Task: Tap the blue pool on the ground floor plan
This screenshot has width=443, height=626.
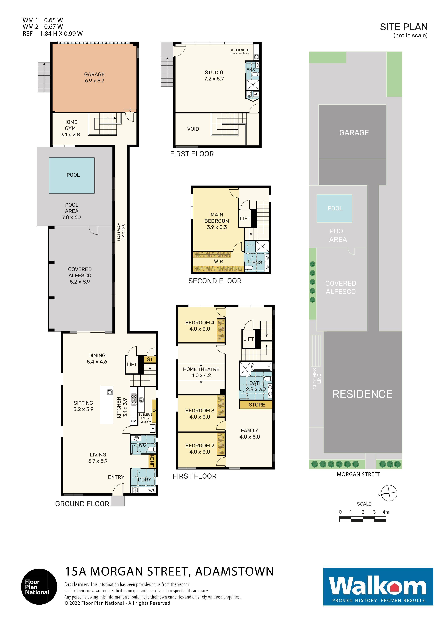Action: point(72,175)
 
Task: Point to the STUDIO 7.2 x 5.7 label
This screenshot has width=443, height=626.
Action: point(214,75)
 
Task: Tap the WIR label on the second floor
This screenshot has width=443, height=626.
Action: point(218,261)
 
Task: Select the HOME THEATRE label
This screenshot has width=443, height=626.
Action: point(201,369)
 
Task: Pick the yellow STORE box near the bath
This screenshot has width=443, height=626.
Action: point(256,405)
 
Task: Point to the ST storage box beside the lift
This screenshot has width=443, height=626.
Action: point(150,359)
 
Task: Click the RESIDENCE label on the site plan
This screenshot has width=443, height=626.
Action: point(362,394)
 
